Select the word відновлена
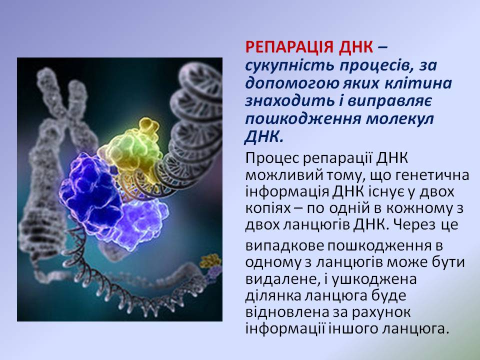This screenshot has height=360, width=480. [283, 312]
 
